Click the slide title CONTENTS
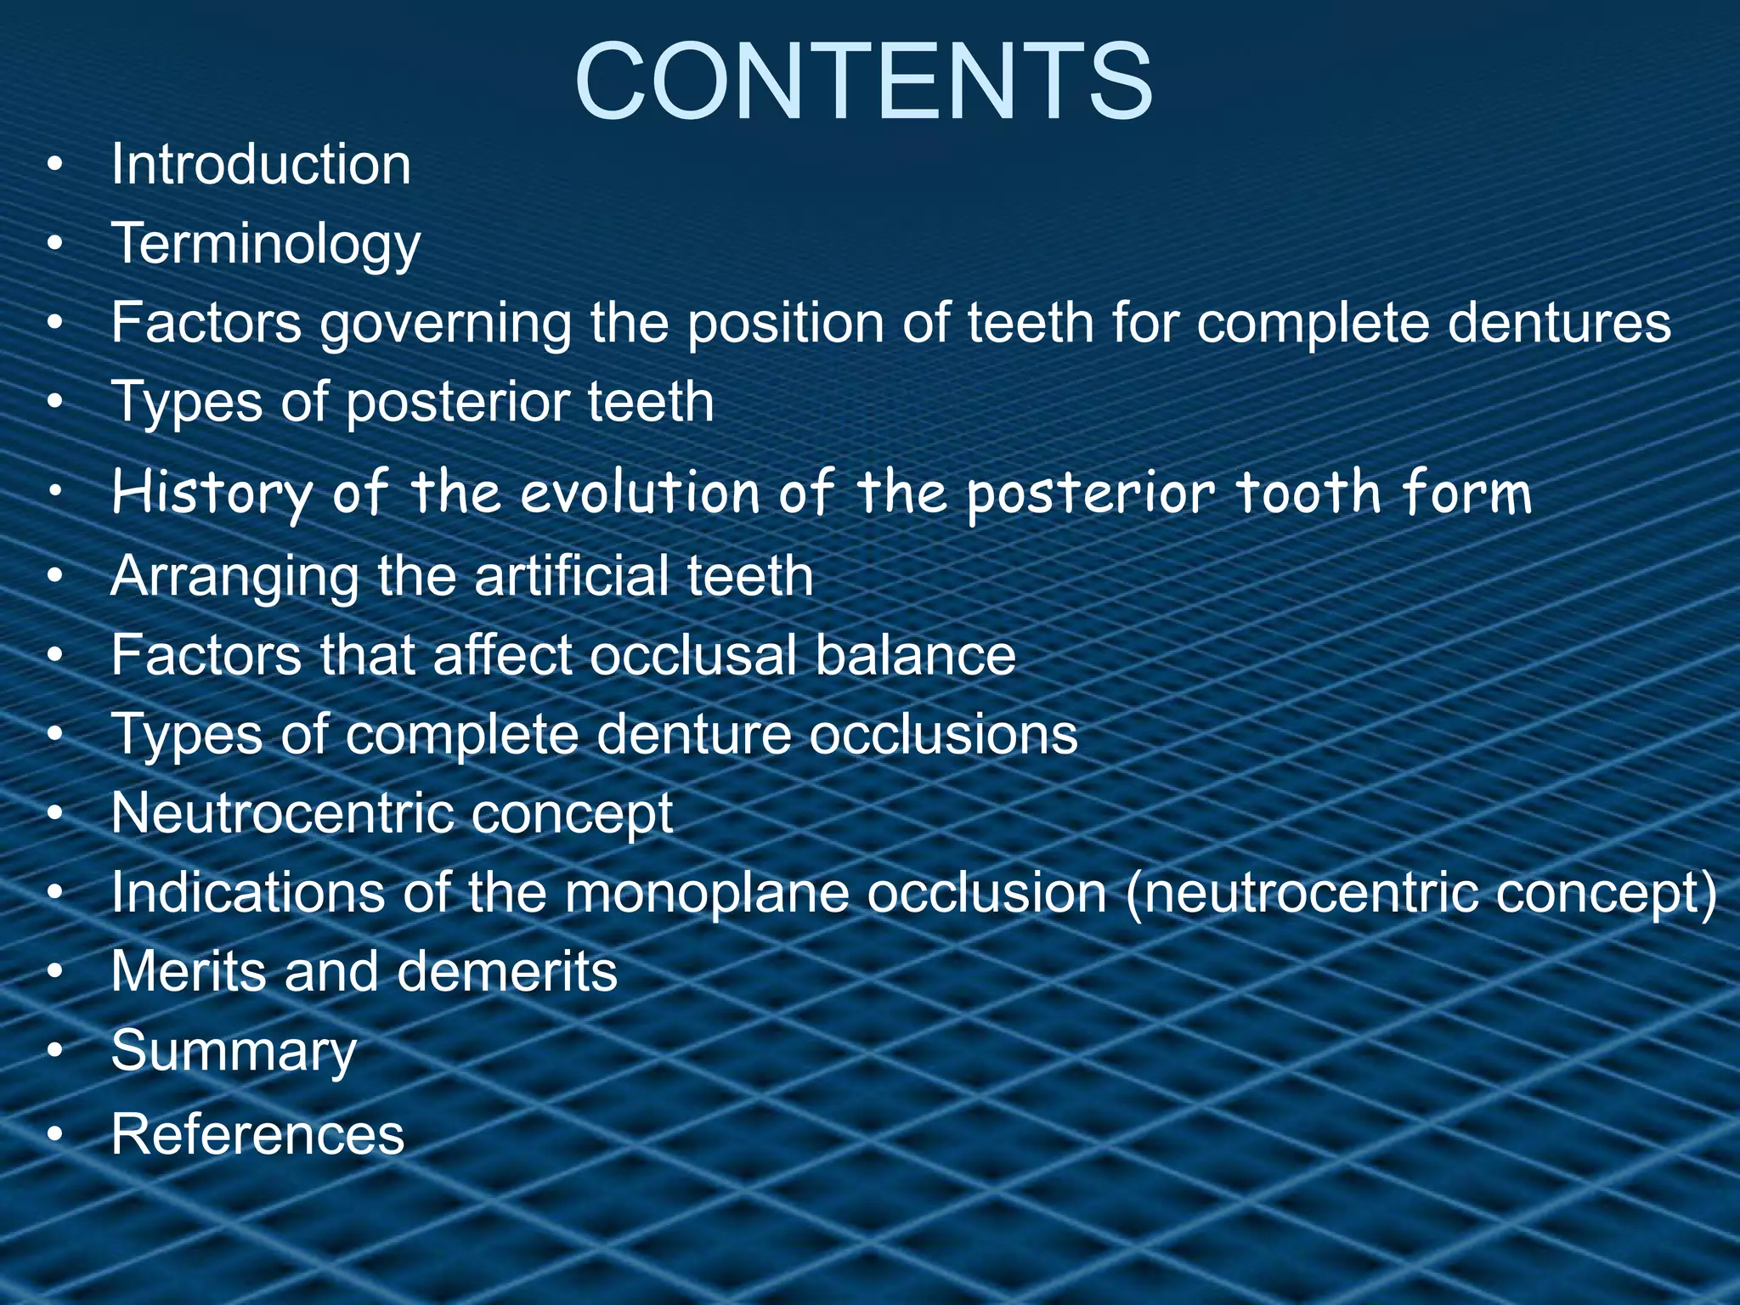click(864, 83)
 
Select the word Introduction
click(261, 164)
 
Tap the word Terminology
click(266, 244)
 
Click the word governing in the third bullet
click(445, 323)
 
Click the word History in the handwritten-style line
click(212, 493)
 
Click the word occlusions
click(943, 734)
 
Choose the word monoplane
click(706, 892)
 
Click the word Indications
click(247, 892)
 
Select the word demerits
click(507, 971)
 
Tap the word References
click(257, 1134)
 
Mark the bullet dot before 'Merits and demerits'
click(55, 972)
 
